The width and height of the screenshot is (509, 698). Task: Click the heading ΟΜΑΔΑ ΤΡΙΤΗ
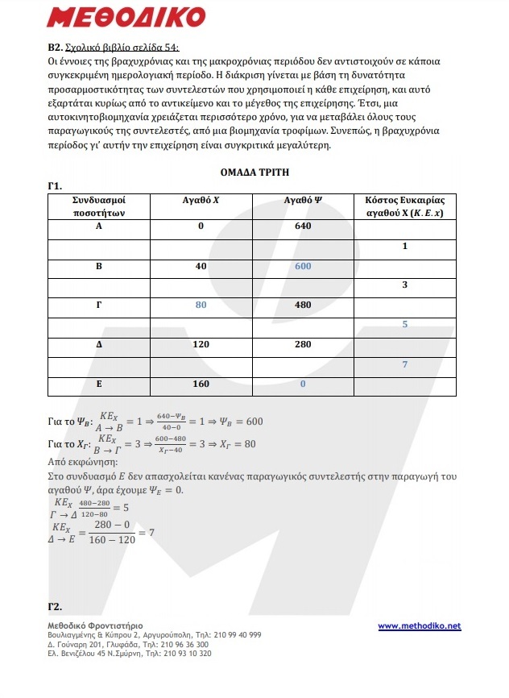(x=254, y=172)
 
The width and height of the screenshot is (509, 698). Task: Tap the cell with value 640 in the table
(x=302, y=226)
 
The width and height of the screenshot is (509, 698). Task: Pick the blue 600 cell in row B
(x=302, y=266)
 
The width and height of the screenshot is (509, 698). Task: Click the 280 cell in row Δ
(x=302, y=344)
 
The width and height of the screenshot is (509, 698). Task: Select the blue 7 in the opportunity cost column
(x=404, y=364)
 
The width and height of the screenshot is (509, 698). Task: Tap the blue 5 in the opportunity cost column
(x=404, y=325)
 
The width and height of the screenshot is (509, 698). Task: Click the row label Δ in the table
(x=98, y=344)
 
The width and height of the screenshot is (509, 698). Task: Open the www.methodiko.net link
(x=419, y=625)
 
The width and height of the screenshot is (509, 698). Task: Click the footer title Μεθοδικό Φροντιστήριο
(x=95, y=625)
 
